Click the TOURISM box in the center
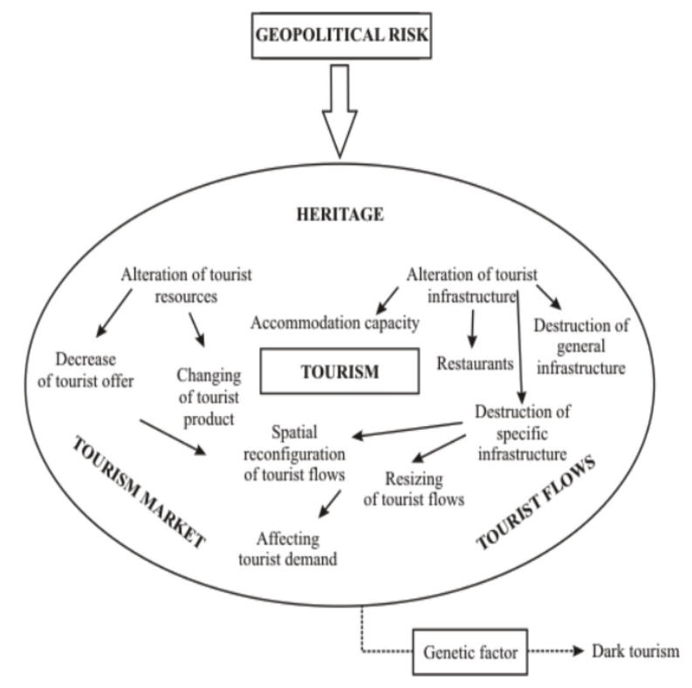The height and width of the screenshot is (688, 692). point(340,372)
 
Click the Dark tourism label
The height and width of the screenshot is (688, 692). point(634,651)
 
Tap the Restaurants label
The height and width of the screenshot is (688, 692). point(475,364)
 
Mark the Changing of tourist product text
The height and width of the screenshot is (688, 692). point(207,397)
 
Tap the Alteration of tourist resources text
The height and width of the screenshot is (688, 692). point(187,283)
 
